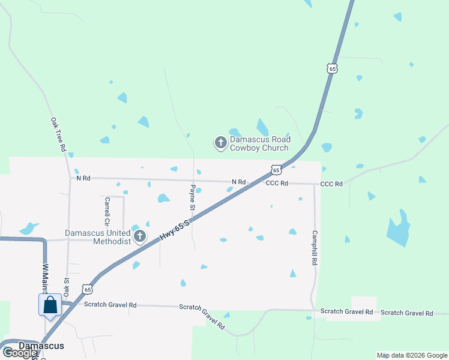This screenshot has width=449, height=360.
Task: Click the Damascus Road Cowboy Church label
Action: tap(261, 143)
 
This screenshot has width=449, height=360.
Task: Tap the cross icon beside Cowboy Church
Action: tap(221, 143)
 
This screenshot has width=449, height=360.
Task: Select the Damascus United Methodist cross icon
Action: tap(140, 236)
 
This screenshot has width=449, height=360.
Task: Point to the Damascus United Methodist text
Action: tap(98, 237)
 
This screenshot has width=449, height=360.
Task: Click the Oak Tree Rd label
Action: tap(58, 134)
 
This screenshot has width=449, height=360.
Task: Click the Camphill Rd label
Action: tap(314, 248)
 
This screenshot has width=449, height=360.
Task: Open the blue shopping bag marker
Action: tap(50, 305)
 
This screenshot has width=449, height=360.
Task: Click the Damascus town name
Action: tap(41, 346)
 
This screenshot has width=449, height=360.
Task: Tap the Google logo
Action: tap(19, 353)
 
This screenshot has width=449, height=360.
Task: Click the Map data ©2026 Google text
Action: tap(412, 355)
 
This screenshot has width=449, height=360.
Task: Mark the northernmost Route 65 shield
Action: tap(333, 68)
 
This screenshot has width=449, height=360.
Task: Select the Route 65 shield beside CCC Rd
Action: tap(276, 170)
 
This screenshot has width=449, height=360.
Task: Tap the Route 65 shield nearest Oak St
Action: tap(88, 289)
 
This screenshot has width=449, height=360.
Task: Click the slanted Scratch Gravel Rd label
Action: tap(202, 317)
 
